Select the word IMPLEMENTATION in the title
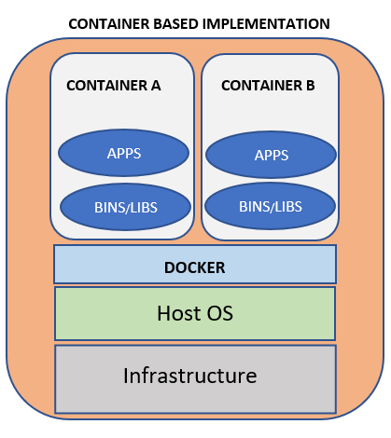(x=266, y=23)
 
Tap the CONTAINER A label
(x=114, y=85)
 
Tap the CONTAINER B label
(x=268, y=85)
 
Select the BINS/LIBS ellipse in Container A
(x=123, y=206)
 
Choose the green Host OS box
(x=93, y=313)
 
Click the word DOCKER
(x=194, y=267)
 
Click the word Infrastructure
(x=189, y=376)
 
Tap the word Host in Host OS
(x=177, y=313)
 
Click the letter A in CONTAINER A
(x=156, y=85)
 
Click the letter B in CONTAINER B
(x=310, y=85)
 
